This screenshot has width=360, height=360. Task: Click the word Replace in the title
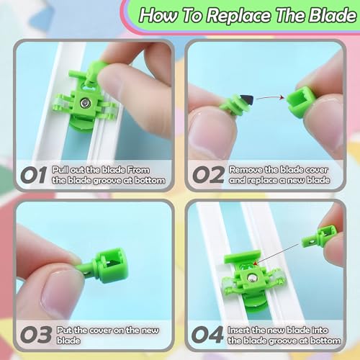pyautogui.click(x=240, y=16)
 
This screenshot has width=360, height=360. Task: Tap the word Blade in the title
pyautogui.click(x=333, y=14)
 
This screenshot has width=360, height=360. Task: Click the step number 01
pyautogui.click(x=34, y=175)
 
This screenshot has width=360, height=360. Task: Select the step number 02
pyautogui.click(x=208, y=175)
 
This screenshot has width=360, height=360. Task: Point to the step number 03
pyautogui.click(x=36, y=335)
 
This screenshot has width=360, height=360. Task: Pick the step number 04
pyautogui.click(x=207, y=335)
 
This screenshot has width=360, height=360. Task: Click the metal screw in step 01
pyautogui.click(x=85, y=103)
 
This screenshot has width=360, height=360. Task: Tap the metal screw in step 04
pyautogui.click(x=251, y=279)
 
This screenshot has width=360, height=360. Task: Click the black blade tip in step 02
pyautogui.click(x=247, y=100)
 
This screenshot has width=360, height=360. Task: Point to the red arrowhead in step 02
pyautogui.click(x=282, y=97)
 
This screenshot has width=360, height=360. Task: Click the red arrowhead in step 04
pyautogui.click(x=256, y=264)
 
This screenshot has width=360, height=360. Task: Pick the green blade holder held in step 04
pyautogui.click(x=319, y=237)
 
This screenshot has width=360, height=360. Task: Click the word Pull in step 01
pyautogui.click(x=60, y=170)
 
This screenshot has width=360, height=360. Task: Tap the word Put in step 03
pyautogui.click(x=64, y=330)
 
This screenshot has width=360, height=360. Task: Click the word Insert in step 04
pyautogui.click(x=238, y=330)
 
